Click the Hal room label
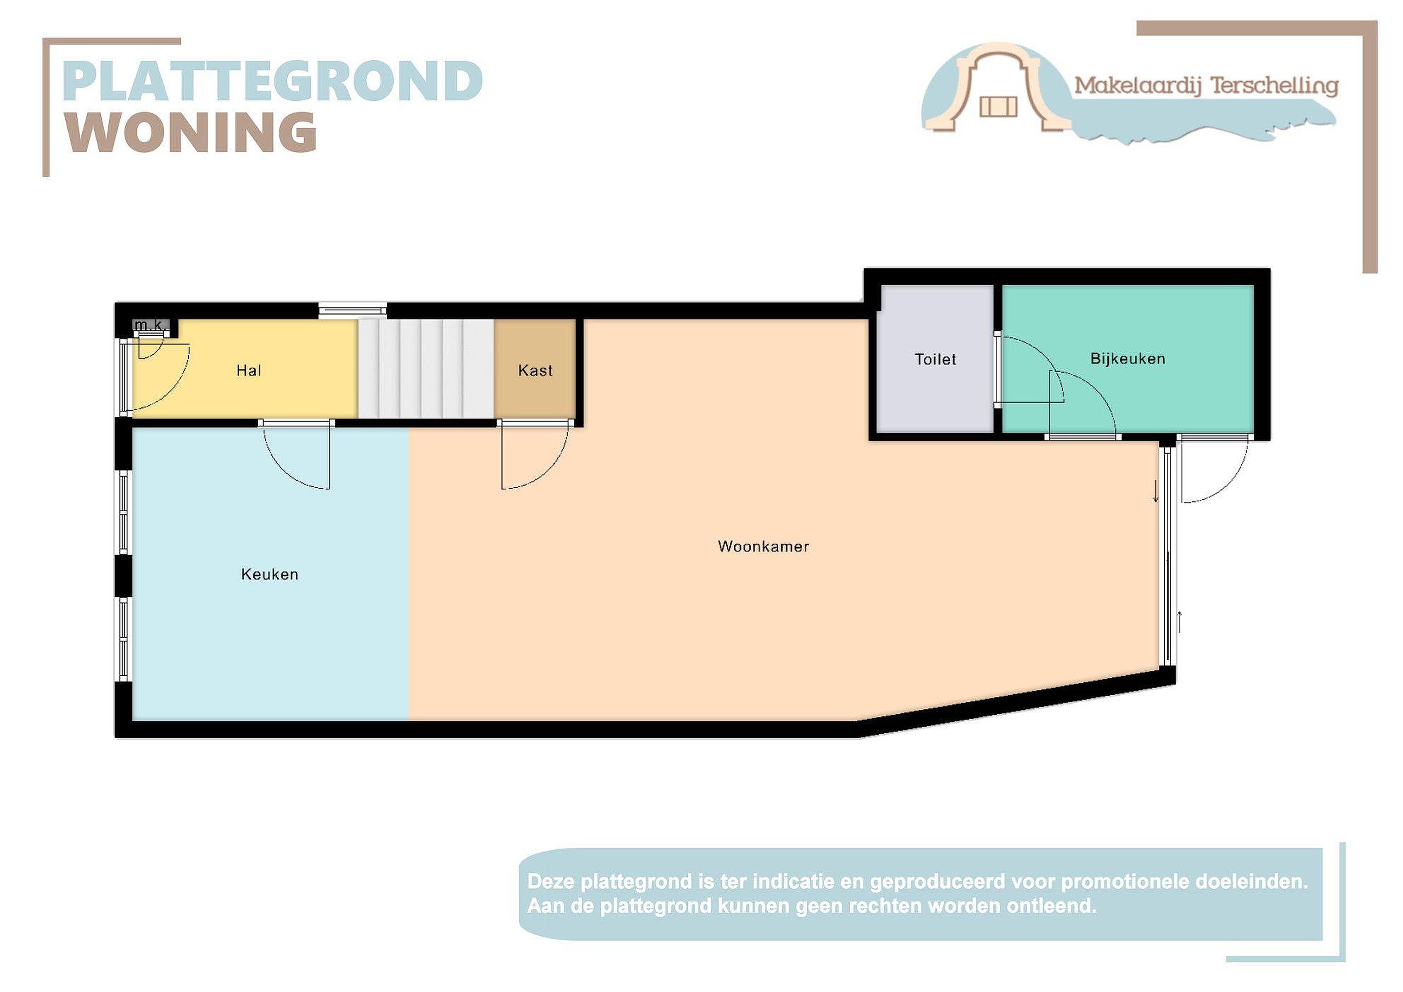point(249,370)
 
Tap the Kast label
point(535,370)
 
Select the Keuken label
point(269,574)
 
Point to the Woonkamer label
point(763,546)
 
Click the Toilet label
point(935,360)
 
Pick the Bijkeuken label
point(1127,359)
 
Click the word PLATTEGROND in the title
point(272,81)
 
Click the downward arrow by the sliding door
point(1156,491)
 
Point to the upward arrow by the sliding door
point(1179,622)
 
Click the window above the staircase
point(353,310)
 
